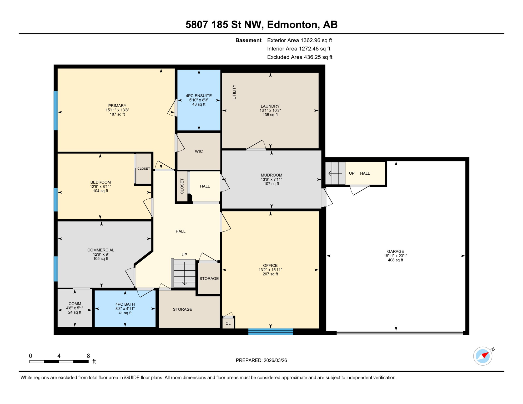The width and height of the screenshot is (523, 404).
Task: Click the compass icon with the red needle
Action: (482, 356)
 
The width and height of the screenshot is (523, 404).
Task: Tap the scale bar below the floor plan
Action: (59, 362)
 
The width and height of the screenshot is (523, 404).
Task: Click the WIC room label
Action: (199, 151)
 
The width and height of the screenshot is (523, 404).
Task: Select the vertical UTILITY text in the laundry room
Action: (234, 92)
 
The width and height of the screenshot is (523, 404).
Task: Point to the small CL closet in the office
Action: (228, 323)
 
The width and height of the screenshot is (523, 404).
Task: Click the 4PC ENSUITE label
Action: (199, 96)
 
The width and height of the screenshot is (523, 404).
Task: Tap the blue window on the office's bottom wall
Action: (270, 331)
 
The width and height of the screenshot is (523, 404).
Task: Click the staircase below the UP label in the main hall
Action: (184, 274)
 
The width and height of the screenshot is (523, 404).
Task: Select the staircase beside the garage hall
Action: (335, 173)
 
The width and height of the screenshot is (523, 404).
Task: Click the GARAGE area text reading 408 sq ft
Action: (395, 260)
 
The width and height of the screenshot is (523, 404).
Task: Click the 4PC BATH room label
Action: (125, 304)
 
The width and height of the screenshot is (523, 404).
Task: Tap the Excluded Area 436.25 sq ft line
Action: (299, 57)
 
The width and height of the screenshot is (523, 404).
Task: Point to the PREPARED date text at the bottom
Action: (261, 360)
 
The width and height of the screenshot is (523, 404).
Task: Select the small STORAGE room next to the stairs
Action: (209, 279)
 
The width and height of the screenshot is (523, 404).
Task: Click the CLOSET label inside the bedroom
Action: (144, 169)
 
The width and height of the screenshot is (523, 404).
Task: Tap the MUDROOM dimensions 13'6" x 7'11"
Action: (271, 179)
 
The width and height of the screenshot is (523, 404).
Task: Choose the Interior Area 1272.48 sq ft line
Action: (298, 49)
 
